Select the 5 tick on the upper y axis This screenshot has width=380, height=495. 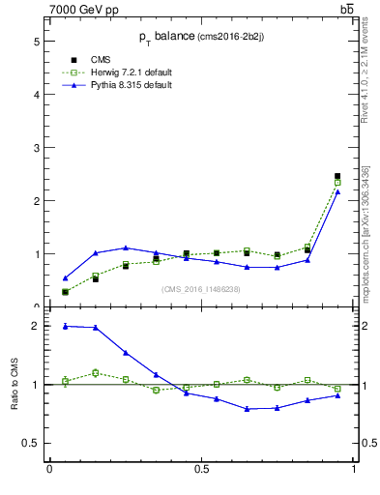(x=36, y=42)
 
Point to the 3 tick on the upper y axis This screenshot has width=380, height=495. (x=36, y=148)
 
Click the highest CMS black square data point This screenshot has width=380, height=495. (x=337, y=176)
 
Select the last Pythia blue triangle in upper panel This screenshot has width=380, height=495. (x=337, y=191)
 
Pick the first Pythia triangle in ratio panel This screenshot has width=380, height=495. (x=65, y=326)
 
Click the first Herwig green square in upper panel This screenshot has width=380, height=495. (x=65, y=292)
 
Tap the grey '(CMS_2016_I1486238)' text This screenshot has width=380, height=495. (x=201, y=289)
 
